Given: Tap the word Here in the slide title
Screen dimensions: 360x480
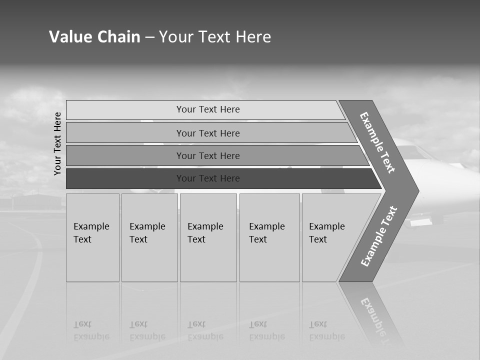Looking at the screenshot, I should [253, 37].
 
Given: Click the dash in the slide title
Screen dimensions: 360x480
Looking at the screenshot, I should [149, 37].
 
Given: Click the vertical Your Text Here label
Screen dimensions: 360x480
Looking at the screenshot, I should [58, 143].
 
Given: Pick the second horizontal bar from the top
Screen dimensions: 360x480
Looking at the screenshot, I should [208, 133].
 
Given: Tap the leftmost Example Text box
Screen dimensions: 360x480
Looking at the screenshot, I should [92, 237].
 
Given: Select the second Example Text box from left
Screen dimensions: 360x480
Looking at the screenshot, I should [149, 237].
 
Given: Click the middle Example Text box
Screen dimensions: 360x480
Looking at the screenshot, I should [208, 237].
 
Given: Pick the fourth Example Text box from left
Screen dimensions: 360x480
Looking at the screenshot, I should [269, 237].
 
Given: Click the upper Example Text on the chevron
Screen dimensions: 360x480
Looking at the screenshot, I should [377, 143].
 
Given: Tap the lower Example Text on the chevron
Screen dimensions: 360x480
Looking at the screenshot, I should [378, 236].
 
